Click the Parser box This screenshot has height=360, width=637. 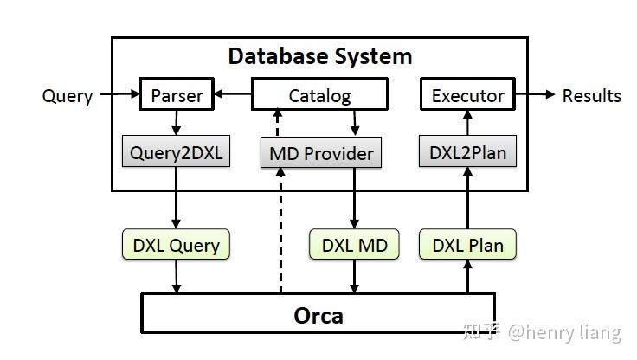[x=177, y=94]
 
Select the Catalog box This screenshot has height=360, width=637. [x=319, y=94]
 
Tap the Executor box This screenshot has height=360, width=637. [x=467, y=94]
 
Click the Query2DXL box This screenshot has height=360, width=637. [x=177, y=153]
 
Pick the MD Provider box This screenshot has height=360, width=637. [x=321, y=153]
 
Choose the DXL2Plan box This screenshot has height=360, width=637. [x=467, y=153]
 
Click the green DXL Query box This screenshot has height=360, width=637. [x=177, y=245]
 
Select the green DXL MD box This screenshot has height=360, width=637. [x=354, y=245]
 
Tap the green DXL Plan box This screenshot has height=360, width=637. [x=467, y=245]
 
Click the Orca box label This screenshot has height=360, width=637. [x=318, y=314]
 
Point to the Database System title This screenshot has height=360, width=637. [x=319, y=57]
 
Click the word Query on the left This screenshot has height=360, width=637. [x=68, y=95]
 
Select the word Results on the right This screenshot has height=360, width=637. [x=591, y=95]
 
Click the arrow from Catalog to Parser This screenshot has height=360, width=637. [x=232, y=93]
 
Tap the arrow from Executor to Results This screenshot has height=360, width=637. [x=535, y=94]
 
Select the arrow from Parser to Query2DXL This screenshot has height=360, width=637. [x=177, y=123]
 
